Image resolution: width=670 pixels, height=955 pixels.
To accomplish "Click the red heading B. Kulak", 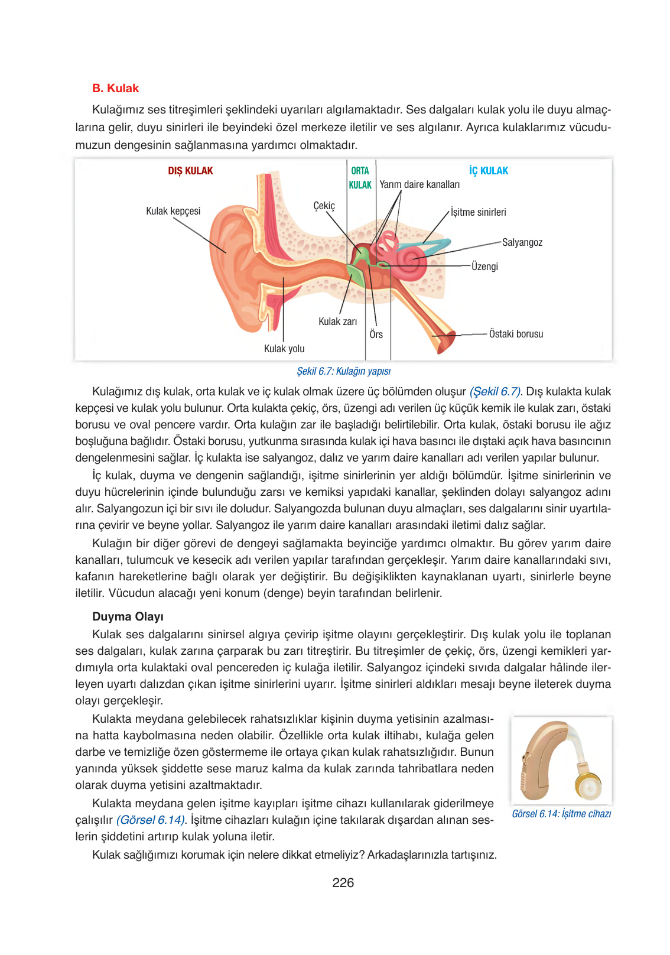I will (x=115, y=88).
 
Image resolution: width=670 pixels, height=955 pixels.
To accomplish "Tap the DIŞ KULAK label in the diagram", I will (x=190, y=171).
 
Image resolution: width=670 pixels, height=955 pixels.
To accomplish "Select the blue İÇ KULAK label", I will (x=489, y=171).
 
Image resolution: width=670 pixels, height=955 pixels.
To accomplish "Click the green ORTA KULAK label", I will (x=360, y=178).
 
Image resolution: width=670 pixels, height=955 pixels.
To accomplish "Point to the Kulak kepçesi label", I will (x=173, y=211).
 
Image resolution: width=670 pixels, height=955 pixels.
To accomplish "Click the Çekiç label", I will (x=324, y=206).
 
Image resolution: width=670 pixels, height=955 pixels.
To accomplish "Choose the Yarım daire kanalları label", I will (x=419, y=184).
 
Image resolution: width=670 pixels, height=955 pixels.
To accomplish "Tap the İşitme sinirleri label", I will (x=478, y=212).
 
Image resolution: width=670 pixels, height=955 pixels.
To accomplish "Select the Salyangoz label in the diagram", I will (x=522, y=242).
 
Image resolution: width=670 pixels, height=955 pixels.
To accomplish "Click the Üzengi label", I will (x=484, y=267).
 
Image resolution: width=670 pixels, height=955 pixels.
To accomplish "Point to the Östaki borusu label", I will (x=516, y=334).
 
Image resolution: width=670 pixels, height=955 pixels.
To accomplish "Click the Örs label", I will (x=376, y=334).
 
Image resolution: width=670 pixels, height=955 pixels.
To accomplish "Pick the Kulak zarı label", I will (x=337, y=321).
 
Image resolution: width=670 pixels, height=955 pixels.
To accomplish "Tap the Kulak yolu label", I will (x=284, y=349).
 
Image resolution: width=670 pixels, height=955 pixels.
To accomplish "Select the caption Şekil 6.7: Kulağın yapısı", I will (x=343, y=371).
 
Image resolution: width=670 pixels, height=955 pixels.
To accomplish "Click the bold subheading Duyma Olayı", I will (x=128, y=616).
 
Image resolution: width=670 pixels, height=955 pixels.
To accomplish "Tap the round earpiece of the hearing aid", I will (x=588, y=786).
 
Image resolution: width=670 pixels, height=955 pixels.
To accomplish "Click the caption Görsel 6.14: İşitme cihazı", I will (x=561, y=814).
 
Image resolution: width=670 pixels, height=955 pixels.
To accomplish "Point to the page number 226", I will (x=343, y=882).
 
